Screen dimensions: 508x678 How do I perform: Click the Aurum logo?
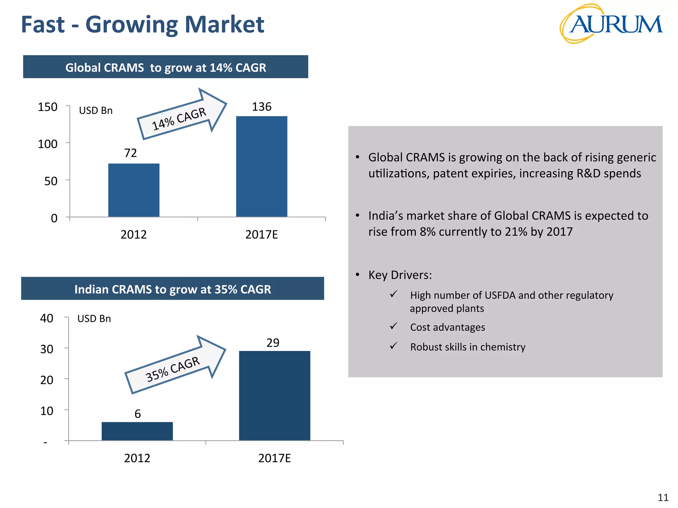tap(611, 24)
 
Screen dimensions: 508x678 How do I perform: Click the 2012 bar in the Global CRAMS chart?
tap(134, 190)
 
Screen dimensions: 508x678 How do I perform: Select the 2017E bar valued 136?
tap(262, 166)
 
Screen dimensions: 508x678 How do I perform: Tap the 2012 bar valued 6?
tap(137, 431)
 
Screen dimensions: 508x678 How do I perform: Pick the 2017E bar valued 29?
tap(274, 396)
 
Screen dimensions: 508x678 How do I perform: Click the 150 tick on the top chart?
tap(48, 107)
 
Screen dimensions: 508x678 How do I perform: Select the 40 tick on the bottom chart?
tap(47, 318)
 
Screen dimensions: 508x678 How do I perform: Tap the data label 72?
tap(130, 153)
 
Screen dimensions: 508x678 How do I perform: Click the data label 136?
tap(262, 107)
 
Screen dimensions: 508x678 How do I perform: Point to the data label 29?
tap(273, 343)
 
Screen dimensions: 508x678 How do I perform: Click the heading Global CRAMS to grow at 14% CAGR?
tap(166, 67)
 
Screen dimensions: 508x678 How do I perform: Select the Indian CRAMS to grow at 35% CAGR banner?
tap(172, 289)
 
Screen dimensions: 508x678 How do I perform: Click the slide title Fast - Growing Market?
tap(142, 24)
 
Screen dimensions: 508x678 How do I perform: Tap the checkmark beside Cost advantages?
tap(394, 326)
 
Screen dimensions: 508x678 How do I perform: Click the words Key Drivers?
tap(400, 275)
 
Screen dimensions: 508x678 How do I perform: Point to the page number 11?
tap(663, 497)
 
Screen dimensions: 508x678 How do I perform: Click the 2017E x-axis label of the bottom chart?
tap(274, 458)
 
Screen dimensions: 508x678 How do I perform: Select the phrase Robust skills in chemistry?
tap(467, 347)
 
